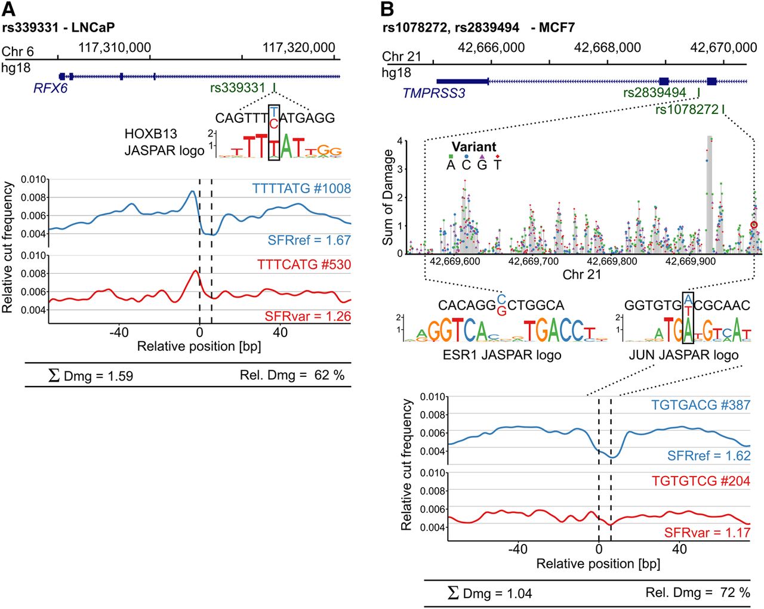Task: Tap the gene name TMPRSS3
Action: click(x=433, y=94)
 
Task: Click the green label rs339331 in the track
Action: click(x=238, y=88)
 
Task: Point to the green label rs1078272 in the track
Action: click(x=686, y=110)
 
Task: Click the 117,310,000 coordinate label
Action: click(x=115, y=47)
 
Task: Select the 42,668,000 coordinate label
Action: click(x=607, y=47)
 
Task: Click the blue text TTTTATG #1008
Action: click(x=301, y=188)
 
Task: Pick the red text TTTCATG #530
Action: click(x=304, y=264)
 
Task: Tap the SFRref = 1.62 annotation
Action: click(x=708, y=456)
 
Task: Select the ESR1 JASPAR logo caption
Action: click(x=501, y=355)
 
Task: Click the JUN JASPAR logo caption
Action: click(x=683, y=355)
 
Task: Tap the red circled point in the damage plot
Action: click(x=754, y=225)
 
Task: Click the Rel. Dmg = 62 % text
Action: click(x=292, y=375)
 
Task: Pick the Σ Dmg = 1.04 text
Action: click(x=489, y=593)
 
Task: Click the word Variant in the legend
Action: click(x=474, y=147)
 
